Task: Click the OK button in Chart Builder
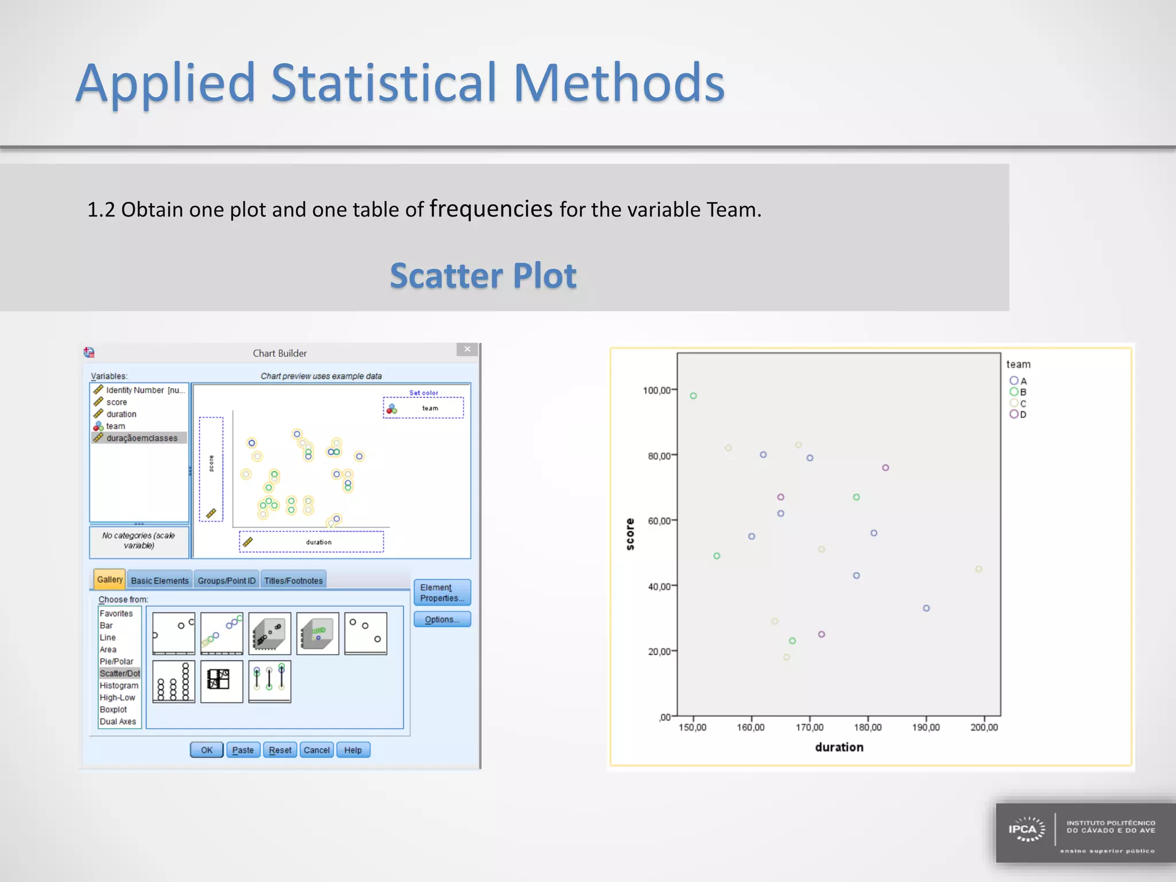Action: pyautogui.click(x=207, y=750)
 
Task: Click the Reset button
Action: pyautogui.click(x=280, y=750)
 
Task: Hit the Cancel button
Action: pyautogui.click(x=316, y=750)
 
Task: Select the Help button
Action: pyautogui.click(x=353, y=750)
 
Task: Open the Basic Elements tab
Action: pyautogui.click(x=160, y=581)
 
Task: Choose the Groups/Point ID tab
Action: pyautogui.click(x=226, y=581)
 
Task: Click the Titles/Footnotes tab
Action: pyautogui.click(x=293, y=581)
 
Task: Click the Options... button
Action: pyautogui.click(x=442, y=620)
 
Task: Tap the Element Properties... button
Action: pyautogui.click(x=442, y=593)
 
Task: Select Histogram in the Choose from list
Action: pyautogui.click(x=119, y=686)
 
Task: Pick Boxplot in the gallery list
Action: pyautogui.click(x=114, y=710)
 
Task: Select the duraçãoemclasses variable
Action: pyautogui.click(x=141, y=438)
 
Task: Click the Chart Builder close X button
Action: pyautogui.click(x=467, y=349)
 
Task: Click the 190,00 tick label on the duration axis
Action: pyautogui.click(x=926, y=728)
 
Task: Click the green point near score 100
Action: pyautogui.click(x=693, y=396)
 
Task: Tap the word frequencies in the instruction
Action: pyautogui.click(x=491, y=208)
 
